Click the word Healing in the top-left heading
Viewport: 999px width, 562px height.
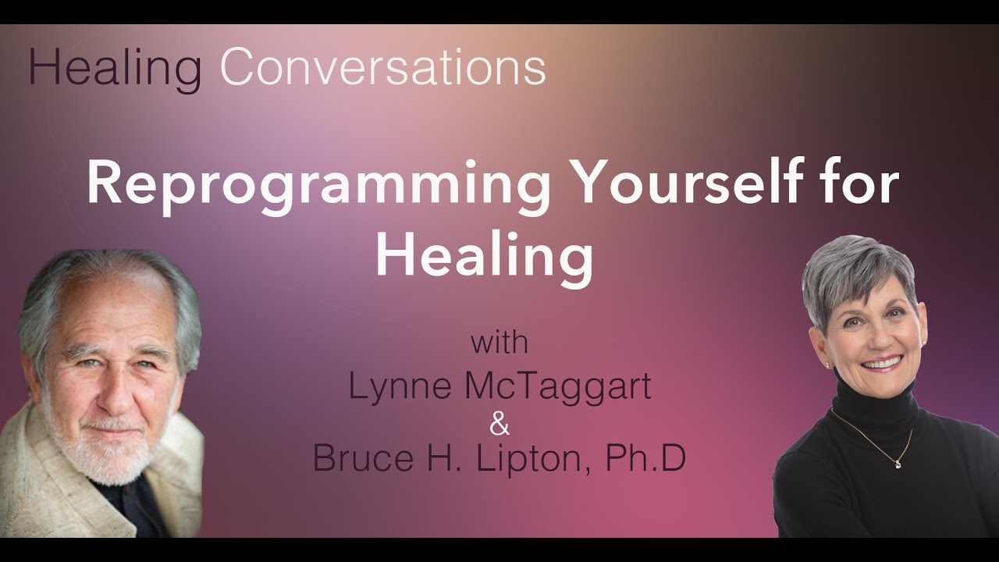click(114, 69)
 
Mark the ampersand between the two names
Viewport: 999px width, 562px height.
click(499, 425)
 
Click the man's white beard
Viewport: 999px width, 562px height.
click(109, 449)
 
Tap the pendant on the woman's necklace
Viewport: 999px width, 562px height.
click(899, 465)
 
